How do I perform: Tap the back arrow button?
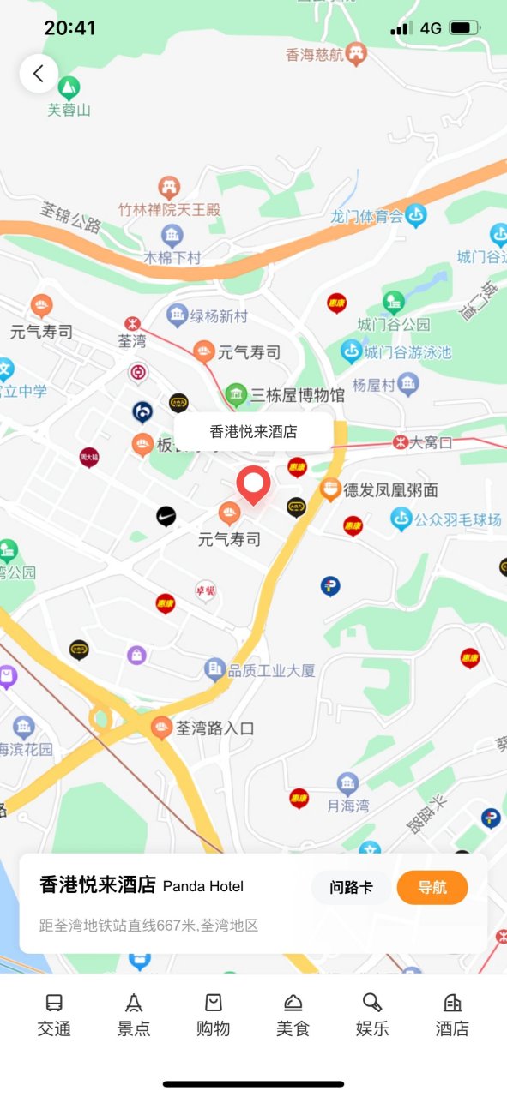coord(39,74)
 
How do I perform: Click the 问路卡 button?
coord(351,887)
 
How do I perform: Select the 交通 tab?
coord(54,1015)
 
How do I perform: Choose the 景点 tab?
coord(134,1015)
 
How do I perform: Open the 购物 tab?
coord(213,1015)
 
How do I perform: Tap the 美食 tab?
coord(293,1015)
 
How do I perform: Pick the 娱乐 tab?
coord(372,1015)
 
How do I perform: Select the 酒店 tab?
coord(452,1015)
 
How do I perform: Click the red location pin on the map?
coord(253,485)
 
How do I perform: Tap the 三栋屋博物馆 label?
coord(297,395)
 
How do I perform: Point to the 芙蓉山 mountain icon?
coord(69,87)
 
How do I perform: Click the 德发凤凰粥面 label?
coord(390,490)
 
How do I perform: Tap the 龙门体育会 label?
coord(367,216)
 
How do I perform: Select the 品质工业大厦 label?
coord(271,670)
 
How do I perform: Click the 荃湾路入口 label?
coord(214,728)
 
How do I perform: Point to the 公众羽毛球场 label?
coord(458,519)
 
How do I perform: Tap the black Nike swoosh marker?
coord(166,516)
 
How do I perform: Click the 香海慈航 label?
coord(315,55)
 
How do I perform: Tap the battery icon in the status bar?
coord(463,28)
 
